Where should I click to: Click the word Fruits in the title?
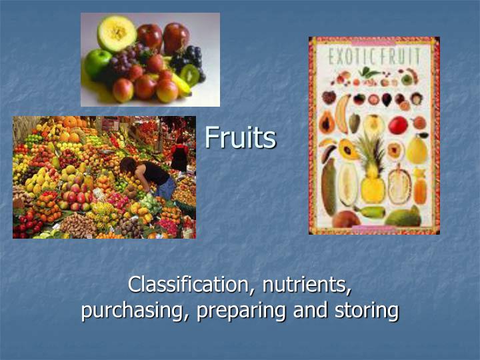240,137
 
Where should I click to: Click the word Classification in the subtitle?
187,285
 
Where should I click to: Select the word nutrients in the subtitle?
306,285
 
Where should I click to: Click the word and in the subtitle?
310,311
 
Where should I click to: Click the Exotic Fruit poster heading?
373,55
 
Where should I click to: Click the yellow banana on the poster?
342,113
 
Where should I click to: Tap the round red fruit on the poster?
398,125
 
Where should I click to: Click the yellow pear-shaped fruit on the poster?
417,149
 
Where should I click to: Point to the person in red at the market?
179,155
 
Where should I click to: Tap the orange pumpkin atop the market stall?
70,122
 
